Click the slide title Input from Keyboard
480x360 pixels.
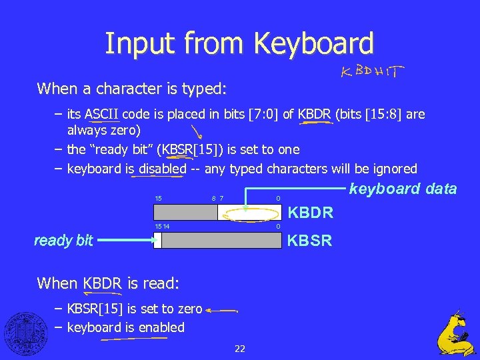pyautogui.click(x=239, y=43)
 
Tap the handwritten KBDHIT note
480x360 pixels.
pyautogui.click(x=373, y=71)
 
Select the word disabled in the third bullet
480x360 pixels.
pyautogui.click(x=163, y=169)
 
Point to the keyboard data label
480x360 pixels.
pyautogui.click(x=403, y=189)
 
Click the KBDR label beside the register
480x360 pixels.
pyautogui.click(x=310, y=213)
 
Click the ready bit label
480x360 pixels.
pyautogui.click(x=63, y=241)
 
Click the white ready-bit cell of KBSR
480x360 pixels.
pyautogui.click(x=157, y=241)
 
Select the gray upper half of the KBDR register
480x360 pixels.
pyautogui.click(x=185, y=212)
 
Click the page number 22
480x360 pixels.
pyautogui.click(x=240, y=348)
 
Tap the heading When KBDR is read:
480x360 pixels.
pyautogui.click(x=108, y=283)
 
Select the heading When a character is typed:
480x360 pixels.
pyautogui.click(x=132, y=88)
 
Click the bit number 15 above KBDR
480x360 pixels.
pyautogui.click(x=158, y=198)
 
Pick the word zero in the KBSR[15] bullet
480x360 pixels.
pyautogui.click(x=190, y=309)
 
